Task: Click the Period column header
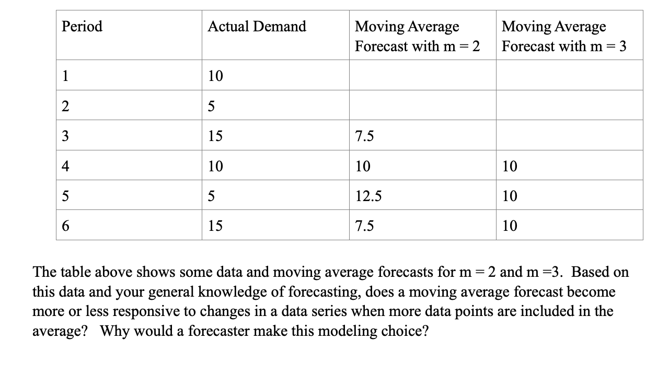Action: click(82, 27)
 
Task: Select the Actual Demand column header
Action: click(257, 27)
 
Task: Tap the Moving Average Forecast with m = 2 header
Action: click(417, 36)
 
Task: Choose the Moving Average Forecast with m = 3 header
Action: click(564, 36)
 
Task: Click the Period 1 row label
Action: click(65, 76)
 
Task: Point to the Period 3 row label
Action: click(65, 136)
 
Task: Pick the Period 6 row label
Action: click(65, 226)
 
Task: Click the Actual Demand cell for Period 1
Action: click(215, 76)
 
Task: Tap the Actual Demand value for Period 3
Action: click(215, 136)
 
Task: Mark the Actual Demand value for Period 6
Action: click(215, 226)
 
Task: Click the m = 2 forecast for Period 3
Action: click(364, 136)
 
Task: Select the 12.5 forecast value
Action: click(368, 196)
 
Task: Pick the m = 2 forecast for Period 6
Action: click(364, 226)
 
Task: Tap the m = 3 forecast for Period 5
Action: click(510, 196)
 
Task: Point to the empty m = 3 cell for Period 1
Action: click(569, 75)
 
